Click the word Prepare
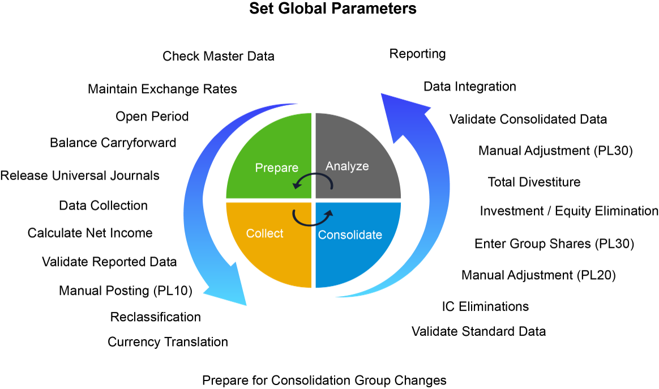[276, 168]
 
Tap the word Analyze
[347, 166]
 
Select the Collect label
[264, 233]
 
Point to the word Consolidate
[350, 235]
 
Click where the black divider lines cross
[313, 200]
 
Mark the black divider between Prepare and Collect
[266, 200]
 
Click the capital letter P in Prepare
[259, 168]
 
